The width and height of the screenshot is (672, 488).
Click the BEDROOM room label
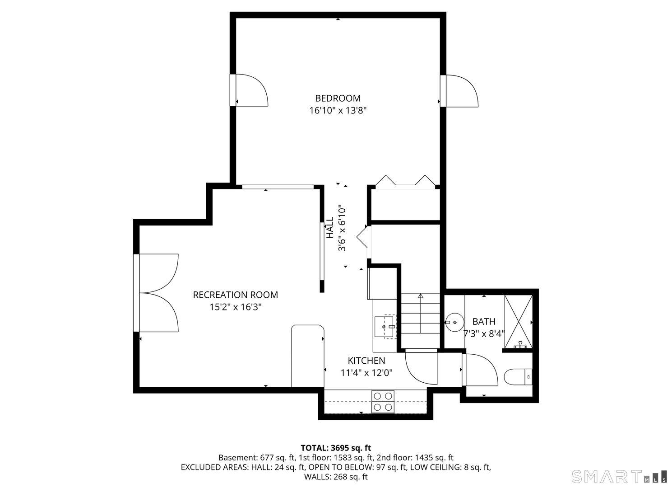tap(338, 98)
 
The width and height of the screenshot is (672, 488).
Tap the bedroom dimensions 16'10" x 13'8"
tap(338, 110)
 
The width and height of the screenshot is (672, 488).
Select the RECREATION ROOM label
tap(235, 295)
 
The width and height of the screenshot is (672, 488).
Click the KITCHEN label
tap(366, 361)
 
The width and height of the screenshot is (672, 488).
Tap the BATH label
tap(484, 322)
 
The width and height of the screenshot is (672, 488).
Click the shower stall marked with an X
tap(518, 322)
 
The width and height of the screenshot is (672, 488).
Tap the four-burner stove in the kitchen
tap(383, 401)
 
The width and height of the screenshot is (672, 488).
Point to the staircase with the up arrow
tap(421, 319)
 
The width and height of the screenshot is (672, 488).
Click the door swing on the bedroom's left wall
tap(251, 90)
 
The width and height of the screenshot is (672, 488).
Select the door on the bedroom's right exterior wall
tap(461, 91)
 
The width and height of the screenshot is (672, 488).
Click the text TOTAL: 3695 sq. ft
tap(336, 448)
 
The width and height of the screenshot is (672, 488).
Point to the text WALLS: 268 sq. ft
tap(336, 477)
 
